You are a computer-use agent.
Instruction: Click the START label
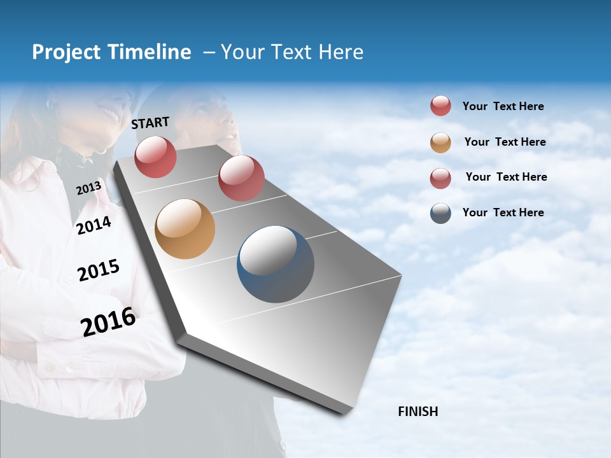pos(150,123)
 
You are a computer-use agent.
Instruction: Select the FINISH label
pos(418,412)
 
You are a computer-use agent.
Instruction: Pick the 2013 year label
pos(88,188)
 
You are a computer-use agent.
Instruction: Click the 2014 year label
pos(94,226)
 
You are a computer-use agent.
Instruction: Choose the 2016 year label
pos(108,322)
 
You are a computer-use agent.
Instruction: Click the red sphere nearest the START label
pos(155,156)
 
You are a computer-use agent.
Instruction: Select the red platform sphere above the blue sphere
pos(241,178)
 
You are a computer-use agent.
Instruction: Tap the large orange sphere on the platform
pos(185,229)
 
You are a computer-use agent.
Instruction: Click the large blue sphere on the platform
pos(276,264)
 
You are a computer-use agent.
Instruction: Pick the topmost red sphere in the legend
pos(440,106)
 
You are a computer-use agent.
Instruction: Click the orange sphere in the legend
pos(440,142)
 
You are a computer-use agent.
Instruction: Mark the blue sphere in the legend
pos(440,213)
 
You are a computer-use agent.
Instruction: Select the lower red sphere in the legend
pos(440,178)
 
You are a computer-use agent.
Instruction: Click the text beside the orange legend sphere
pos(505,142)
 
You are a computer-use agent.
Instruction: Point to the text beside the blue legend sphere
pos(503,212)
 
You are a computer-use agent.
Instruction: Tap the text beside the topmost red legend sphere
pos(503,106)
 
